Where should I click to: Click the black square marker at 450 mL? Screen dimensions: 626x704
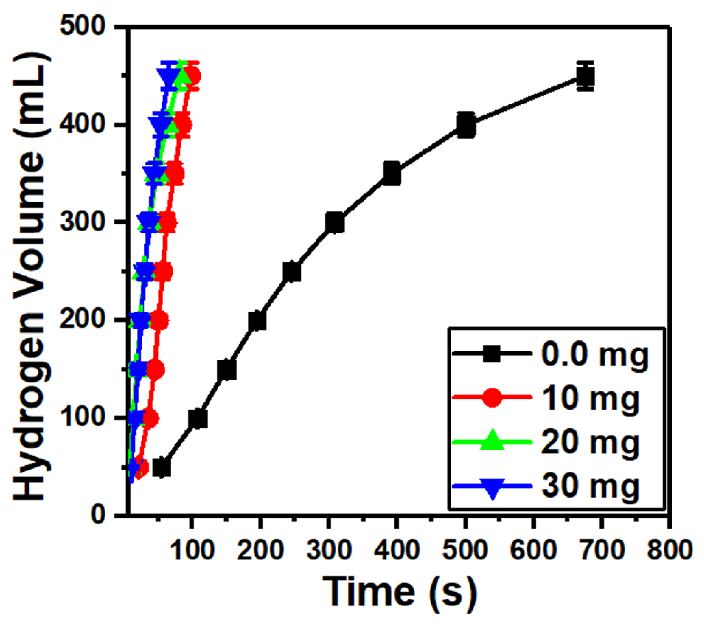pyautogui.click(x=585, y=76)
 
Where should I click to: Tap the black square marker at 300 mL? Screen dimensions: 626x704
pyautogui.click(x=335, y=223)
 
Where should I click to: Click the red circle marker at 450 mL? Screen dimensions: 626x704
pyautogui.click(x=194, y=76)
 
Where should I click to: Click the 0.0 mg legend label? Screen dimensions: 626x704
pyautogui.click(x=595, y=355)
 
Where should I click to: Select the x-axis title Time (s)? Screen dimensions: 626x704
pyautogui.click(x=399, y=592)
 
